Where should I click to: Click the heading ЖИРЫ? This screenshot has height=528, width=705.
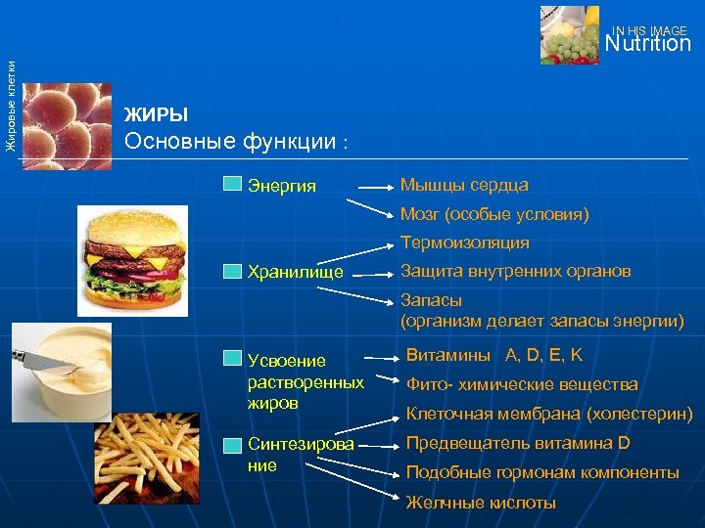coord(156,114)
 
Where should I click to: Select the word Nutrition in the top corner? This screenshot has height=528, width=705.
coord(647,44)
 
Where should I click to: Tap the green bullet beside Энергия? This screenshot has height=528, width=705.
coord(231,185)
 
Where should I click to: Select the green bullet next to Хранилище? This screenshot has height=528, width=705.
coord(231,272)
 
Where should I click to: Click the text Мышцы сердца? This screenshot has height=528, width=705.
coord(464,185)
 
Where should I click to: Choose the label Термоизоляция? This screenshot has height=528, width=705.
coord(464,242)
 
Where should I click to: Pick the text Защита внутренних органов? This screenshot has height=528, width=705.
coord(516,271)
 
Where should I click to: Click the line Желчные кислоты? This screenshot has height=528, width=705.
coord(481,503)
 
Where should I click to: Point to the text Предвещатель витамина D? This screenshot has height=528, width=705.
coord(518,444)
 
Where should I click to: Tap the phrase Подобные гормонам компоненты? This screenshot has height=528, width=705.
coord(542,473)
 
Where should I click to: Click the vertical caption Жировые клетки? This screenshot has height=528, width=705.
coord(10,105)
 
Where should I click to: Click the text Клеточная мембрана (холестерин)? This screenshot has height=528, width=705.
coord(549,415)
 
